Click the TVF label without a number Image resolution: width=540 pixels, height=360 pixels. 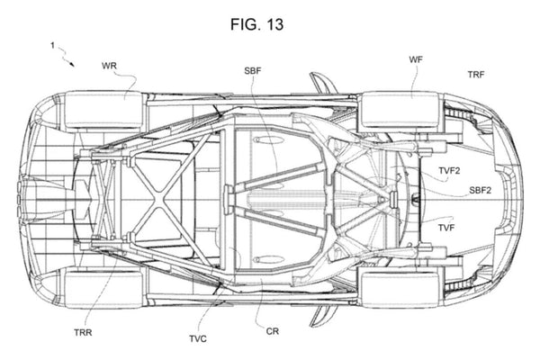[x=447, y=229]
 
